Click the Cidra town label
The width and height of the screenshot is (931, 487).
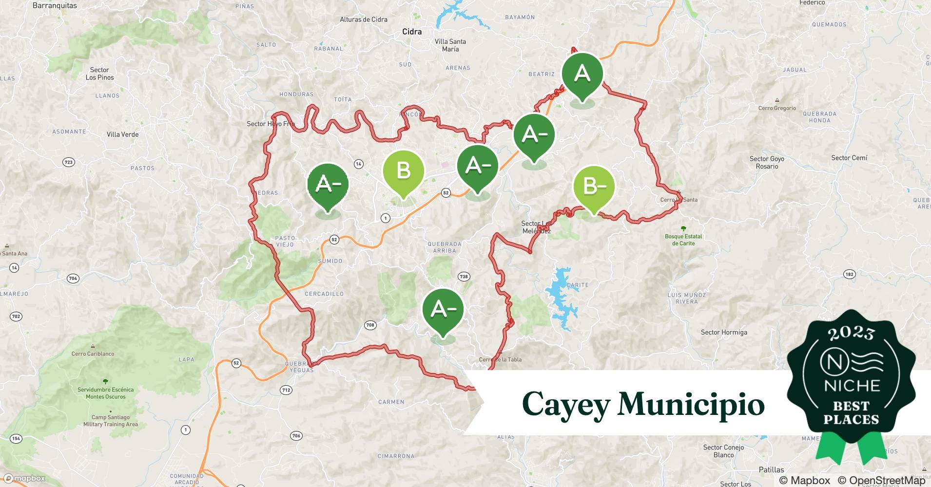412,32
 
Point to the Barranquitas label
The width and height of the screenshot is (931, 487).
54,6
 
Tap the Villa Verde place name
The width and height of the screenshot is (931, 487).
122,134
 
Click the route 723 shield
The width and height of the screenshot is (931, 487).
69,162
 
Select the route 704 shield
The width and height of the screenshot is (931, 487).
73,279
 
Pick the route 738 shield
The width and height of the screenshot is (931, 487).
464,277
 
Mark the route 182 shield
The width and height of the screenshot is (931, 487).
849,274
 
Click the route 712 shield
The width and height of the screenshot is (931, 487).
286,390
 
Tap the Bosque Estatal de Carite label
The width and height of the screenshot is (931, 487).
683,240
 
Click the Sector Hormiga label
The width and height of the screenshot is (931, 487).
723,333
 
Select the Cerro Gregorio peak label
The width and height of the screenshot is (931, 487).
777,108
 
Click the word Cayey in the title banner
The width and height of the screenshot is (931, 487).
566,404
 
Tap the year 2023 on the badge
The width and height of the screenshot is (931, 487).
851,333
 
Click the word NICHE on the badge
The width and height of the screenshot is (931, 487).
852,386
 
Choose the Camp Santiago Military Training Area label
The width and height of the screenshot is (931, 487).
110,421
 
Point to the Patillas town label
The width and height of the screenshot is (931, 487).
771,470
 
